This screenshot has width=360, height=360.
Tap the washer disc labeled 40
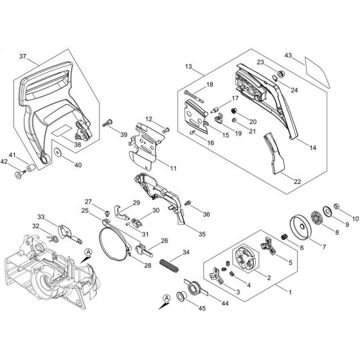coord(58,153)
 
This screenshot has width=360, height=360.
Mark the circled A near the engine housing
coord(88,251)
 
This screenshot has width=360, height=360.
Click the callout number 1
coord(291,291)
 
